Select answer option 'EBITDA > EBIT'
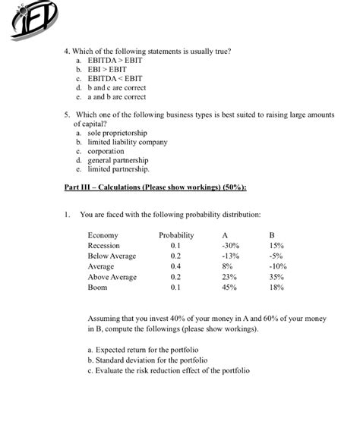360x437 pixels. coord(114,60)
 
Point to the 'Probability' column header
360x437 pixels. coord(176,235)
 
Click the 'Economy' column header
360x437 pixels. coord(103,235)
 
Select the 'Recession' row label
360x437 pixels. coord(104,246)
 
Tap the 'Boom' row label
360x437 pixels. coord(97,288)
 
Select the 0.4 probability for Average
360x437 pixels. coord(175,267)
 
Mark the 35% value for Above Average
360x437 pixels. coord(276,278)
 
